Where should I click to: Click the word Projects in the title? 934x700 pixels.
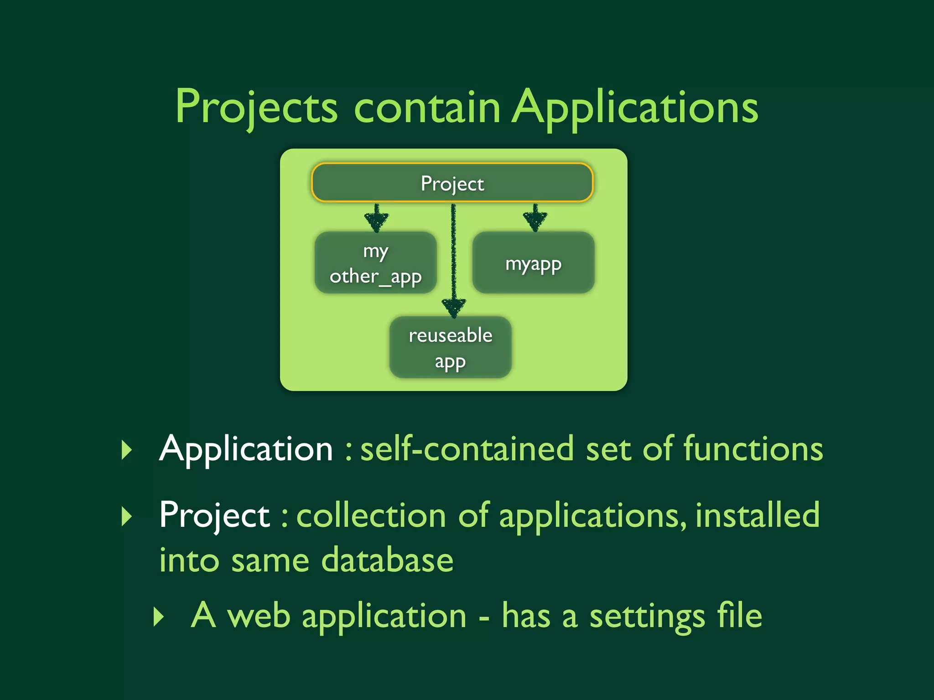pos(256,108)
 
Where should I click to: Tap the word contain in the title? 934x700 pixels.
pos(427,108)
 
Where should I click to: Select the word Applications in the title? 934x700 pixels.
pos(635,108)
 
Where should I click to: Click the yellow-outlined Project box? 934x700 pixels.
pos(452,183)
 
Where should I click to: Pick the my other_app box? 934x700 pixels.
pos(375,263)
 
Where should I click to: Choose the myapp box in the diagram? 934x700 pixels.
pos(533,263)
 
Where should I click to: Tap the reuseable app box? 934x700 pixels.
pos(450,347)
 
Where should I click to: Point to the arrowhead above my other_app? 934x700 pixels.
pos(376,220)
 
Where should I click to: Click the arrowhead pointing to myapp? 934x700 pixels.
pos(535,220)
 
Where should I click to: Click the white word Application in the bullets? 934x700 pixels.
pos(246,449)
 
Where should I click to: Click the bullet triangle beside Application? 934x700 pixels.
pos(127,450)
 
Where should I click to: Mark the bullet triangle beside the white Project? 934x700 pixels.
pos(127,516)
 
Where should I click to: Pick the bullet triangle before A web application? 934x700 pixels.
pos(158,617)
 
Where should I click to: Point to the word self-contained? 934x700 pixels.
pos(467,449)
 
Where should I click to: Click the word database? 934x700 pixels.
pos(387,560)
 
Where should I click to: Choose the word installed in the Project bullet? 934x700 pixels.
pos(758,515)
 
